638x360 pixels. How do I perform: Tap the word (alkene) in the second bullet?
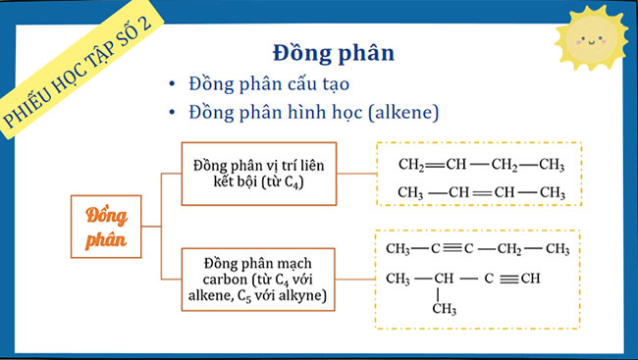tap(404, 114)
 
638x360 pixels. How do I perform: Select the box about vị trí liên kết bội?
tap(261, 175)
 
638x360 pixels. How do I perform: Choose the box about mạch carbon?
tap(261, 279)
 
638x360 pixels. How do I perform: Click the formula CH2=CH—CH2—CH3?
tap(480, 163)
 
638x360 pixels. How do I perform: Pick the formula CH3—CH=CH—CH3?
tap(480, 191)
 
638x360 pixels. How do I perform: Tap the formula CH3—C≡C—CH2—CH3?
tap(478, 249)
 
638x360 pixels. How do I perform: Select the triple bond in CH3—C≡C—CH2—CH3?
tap(452, 249)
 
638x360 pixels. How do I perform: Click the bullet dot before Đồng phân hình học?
tap(173, 114)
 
